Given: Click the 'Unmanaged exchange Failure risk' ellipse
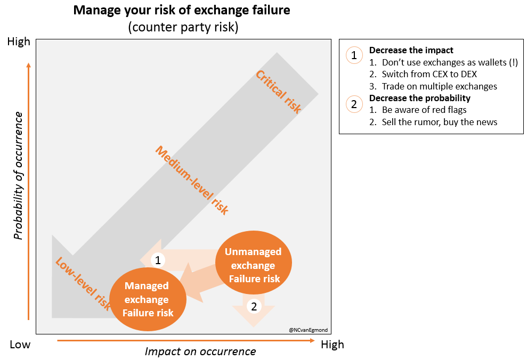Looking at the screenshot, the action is pyautogui.click(x=254, y=263).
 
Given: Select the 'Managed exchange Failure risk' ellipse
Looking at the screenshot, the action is pyautogui.click(x=148, y=299).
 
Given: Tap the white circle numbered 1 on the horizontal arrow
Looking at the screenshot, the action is pyautogui.click(x=158, y=260).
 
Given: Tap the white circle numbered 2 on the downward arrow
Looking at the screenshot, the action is pyautogui.click(x=254, y=306).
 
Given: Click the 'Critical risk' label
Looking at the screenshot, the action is pyautogui.click(x=278, y=92).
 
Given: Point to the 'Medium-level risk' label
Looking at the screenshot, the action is pyautogui.click(x=192, y=180).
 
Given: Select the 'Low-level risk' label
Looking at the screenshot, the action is pyautogui.click(x=83, y=284).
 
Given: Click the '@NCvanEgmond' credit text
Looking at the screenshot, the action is pyautogui.click(x=308, y=330).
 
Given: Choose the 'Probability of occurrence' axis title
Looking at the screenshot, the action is pyautogui.click(x=18, y=176).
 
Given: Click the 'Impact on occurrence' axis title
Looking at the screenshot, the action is pyautogui.click(x=200, y=351).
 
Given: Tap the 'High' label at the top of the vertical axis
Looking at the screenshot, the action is pyautogui.click(x=19, y=42).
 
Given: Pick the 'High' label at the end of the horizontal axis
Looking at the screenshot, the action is pyautogui.click(x=333, y=345).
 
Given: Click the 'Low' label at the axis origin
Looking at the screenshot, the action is pyautogui.click(x=20, y=345).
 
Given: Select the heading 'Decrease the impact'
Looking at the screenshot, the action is pyautogui.click(x=411, y=50).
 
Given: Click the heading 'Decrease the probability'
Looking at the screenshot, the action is pyautogui.click(x=420, y=98).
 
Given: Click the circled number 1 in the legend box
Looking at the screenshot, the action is pyautogui.click(x=354, y=55).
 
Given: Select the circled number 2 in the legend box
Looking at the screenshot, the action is pyautogui.click(x=354, y=104).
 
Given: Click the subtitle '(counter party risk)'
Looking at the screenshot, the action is pyautogui.click(x=183, y=27).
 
